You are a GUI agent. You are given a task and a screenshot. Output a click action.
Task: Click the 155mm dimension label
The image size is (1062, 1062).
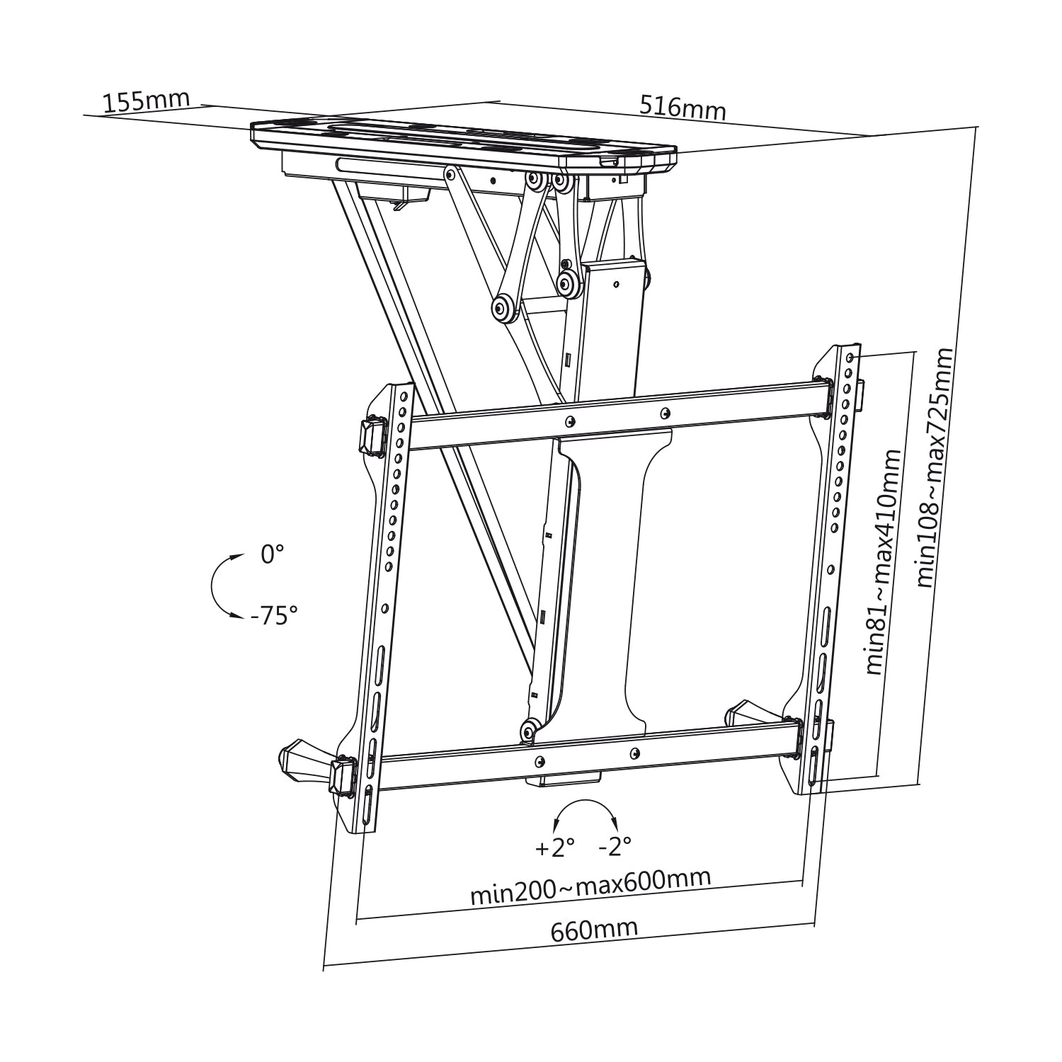147,101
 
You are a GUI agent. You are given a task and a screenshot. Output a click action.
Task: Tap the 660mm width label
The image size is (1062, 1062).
594,930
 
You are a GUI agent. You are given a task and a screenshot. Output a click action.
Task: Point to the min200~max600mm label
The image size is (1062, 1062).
590,886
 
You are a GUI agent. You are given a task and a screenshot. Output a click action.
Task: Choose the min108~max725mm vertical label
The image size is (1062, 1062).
935,467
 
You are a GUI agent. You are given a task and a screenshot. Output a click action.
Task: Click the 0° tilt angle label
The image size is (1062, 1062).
272,554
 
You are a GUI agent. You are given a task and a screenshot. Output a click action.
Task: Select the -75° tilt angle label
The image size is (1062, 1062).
273,616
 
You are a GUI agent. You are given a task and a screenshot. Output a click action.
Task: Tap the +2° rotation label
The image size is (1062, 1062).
555,847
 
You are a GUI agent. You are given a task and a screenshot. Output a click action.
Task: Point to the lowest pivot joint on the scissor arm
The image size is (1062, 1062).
527,730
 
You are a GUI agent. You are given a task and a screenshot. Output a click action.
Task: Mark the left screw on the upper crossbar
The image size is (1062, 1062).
569,422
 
